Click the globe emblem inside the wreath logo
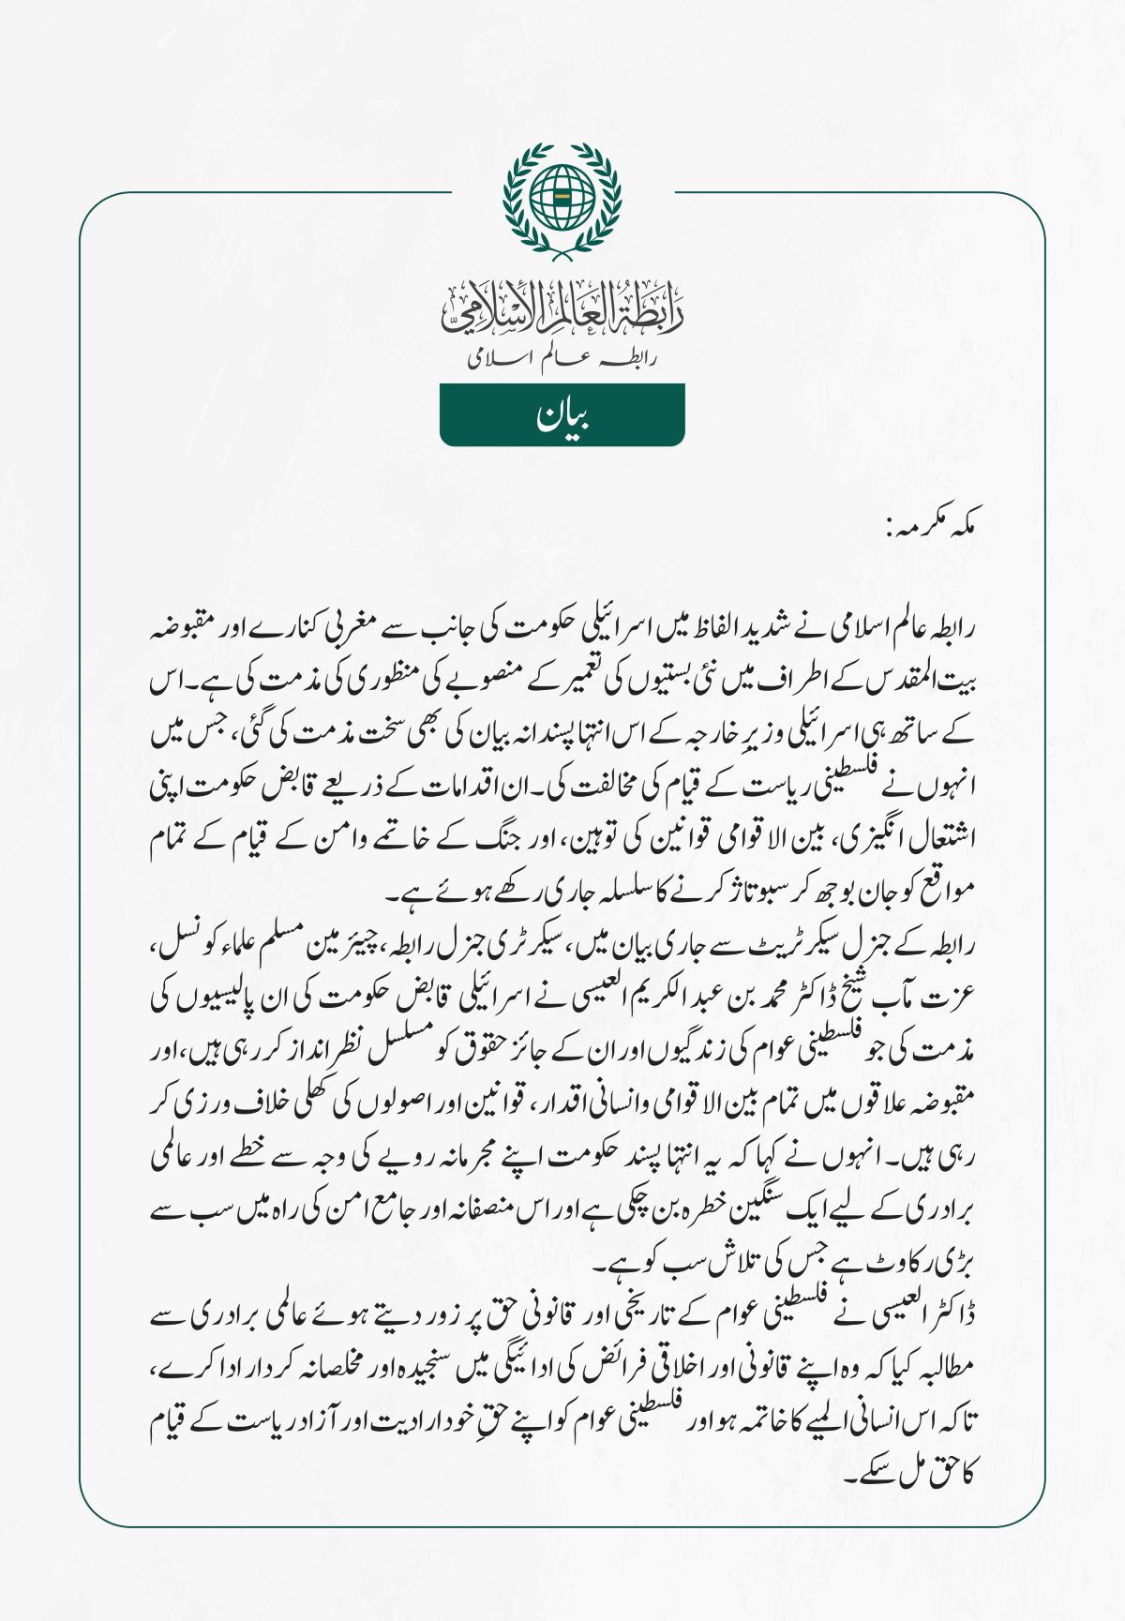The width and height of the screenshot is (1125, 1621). tap(562, 197)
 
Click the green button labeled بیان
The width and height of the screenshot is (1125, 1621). tap(562, 414)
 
